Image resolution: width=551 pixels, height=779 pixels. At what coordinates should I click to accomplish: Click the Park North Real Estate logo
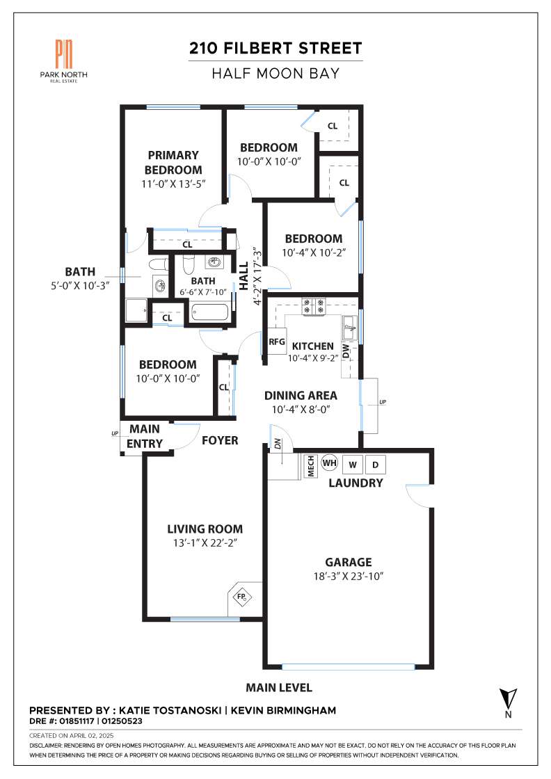point(63,61)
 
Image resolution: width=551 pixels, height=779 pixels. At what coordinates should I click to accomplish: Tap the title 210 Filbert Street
point(275,48)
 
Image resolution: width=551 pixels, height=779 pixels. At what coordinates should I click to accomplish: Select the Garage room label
point(349,562)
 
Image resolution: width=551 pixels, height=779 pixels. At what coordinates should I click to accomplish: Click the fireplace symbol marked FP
point(242,596)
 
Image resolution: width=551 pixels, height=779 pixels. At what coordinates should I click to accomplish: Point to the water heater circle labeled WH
point(329,463)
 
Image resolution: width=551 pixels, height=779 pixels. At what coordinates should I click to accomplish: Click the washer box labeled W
point(353,465)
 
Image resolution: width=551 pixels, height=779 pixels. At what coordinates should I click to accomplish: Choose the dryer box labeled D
point(376,465)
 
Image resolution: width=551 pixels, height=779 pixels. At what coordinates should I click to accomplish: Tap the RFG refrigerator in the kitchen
point(277,342)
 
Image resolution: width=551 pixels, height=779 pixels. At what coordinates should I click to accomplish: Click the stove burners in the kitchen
point(314,306)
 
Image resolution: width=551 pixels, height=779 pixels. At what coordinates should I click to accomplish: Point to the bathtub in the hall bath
point(209,313)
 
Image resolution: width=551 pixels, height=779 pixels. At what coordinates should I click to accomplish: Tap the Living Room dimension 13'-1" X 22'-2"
point(205,543)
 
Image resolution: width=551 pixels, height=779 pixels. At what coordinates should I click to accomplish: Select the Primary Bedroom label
point(173,163)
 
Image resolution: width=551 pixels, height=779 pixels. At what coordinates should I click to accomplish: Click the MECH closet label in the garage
point(311,466)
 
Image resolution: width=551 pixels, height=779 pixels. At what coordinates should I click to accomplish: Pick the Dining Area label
point(301,396)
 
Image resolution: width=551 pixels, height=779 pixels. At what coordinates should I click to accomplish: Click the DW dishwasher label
point(346,351)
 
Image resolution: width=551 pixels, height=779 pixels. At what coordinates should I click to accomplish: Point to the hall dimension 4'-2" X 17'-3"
point(257,276)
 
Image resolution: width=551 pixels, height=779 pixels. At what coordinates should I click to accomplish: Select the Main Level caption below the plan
point(279,688)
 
